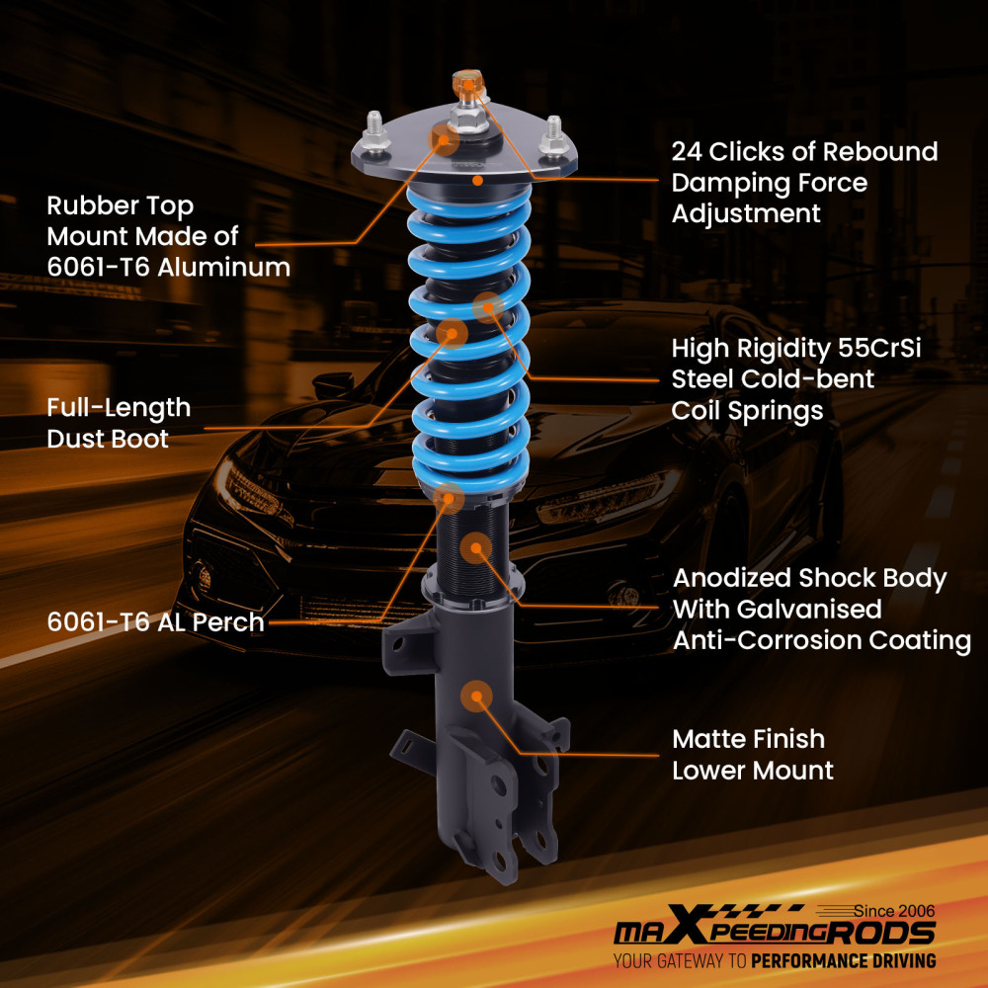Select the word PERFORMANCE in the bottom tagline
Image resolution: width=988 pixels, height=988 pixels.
pos(810,960)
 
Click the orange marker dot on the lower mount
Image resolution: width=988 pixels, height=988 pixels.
pos(477,696)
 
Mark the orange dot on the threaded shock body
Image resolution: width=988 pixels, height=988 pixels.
pos(476,548)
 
